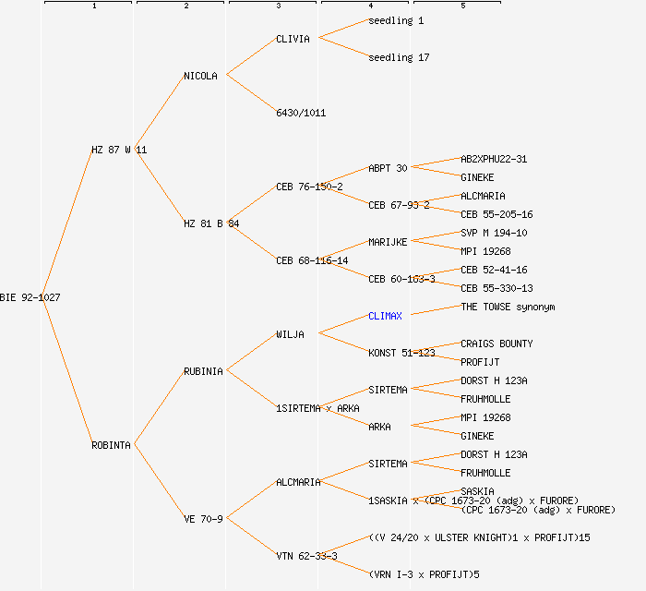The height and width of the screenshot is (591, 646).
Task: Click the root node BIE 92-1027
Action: click(x=30, y=297)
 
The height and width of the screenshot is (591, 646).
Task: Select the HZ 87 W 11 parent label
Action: click(x=119, y=150)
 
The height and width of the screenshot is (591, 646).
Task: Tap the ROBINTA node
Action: click(x=112, y=445)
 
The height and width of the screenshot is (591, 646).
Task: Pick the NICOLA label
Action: click(x=201, y=76)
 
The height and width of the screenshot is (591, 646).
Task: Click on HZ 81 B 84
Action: click(x=211, y=223)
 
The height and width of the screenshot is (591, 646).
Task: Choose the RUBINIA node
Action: click(x=203, y=371)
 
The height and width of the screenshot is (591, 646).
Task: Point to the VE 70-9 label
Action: click(x=203, y=519)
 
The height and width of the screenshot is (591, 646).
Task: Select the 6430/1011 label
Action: click(x=301, y=113)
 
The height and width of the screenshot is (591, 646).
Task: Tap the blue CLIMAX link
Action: click(x=385, y=316)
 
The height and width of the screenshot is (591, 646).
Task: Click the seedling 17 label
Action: click(x=399, y=57)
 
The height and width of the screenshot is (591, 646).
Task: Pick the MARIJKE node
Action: click(x=388, y=242)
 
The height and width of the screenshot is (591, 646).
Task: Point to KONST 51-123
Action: click(x=401, y=353)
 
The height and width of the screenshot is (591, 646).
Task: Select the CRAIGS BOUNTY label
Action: click(x=496, y=344)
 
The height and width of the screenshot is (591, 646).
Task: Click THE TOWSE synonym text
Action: click(x=508, y=307)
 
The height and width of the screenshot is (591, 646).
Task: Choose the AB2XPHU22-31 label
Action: click(x=494, y=159)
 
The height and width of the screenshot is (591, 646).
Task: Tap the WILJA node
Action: click(x=290, y=334)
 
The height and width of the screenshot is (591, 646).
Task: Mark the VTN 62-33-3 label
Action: click(x=306, y=556)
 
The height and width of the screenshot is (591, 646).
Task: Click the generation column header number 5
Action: click(x=463, y=6)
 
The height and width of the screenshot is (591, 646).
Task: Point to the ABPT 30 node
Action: click(x=388, y=168)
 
